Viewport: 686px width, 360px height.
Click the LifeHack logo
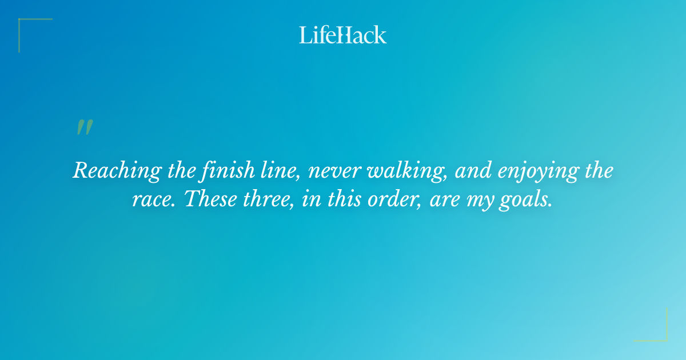[343, 35]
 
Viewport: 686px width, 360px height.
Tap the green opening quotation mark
[85, 127]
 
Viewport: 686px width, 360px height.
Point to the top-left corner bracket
[29, 29]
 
